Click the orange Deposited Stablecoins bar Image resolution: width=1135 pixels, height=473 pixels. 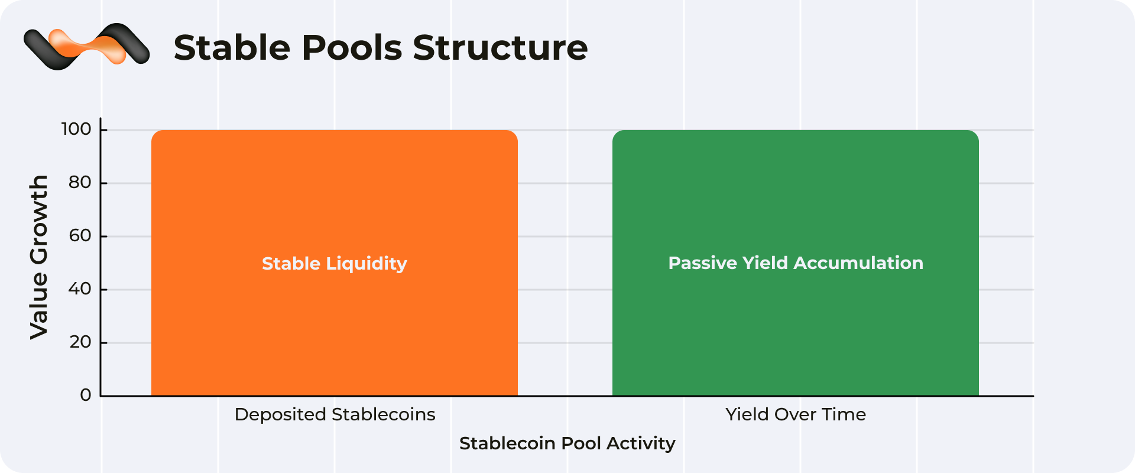click(x=335, y=263)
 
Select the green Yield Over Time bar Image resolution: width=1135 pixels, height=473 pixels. click(x=796, y=263)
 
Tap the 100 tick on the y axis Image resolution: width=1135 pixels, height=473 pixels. click(x=76, y=129)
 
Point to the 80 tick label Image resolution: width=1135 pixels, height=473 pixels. click(x=80, y=182)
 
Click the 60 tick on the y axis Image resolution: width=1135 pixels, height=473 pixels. click(x=80, y=235)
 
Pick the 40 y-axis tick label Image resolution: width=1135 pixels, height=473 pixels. click(x=80, y=289)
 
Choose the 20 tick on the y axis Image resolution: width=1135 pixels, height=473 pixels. click(x=80, y=342)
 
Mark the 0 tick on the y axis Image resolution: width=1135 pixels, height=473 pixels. click(x=86, y=395)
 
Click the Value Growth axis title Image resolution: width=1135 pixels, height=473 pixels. click(x=39, y=257)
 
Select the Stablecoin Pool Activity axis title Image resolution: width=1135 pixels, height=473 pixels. click(x=567, y=443)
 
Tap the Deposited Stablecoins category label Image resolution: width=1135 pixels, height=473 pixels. click(x=335, y=414)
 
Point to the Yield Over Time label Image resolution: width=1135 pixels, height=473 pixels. click(x=796, y=414)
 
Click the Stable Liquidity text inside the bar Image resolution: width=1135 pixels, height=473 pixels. click(x=335, y=264)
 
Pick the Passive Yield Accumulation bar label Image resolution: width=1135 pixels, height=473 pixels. click(x=796, y=263)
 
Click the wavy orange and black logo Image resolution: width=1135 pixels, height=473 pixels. click(x=86, y=46)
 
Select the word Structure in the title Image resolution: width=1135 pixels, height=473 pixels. click(x=500, y=47)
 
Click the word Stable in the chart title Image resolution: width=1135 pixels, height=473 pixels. click(x=233, y=47)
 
